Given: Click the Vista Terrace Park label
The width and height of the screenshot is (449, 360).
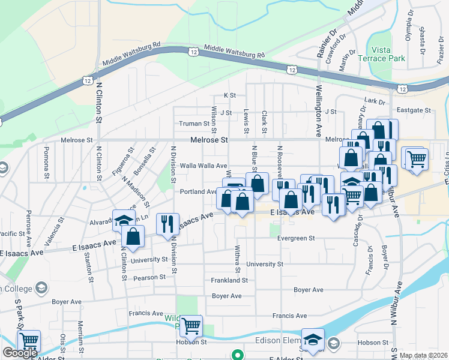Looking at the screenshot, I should pyautogui.click(x=381, y=54).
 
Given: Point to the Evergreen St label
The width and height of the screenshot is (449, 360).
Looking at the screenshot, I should pyautogui.click(x=296, y=238).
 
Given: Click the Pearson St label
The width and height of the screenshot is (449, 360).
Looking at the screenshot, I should pyautogui.click(x=150, y=277).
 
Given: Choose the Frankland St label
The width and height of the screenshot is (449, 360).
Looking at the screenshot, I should pyautogui.click(x=229, y=280).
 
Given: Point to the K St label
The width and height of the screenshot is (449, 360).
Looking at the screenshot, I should pyautogui.click(x=230, y=95).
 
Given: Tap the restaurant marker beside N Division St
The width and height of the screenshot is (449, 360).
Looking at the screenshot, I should pyautogui.click(x=167, y=224).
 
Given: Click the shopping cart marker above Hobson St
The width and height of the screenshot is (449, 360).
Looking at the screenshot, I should pyautogui.click(x=191, y=326).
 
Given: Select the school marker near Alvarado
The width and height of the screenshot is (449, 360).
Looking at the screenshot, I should pyautogui.click(x=124, y=220).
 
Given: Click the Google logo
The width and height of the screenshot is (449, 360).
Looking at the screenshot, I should pyautogui.click(x=20, y=353).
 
